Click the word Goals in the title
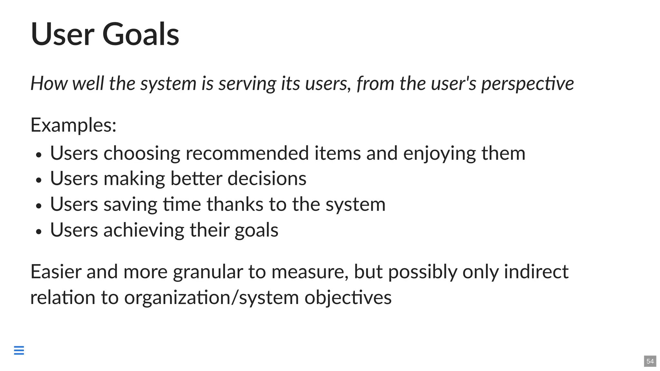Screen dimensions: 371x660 (x=141, y=34)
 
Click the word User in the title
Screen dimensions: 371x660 (x=63, y=34)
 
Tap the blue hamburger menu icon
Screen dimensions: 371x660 (x=19, y=350)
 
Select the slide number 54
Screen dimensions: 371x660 (x=650, y=361)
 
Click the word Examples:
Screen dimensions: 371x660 (x=73, y=125)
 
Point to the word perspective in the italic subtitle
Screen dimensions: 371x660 (x=528, y=84)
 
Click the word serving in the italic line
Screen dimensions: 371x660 (x=247, y=84)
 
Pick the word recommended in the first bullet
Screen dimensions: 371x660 (x=247, y=153)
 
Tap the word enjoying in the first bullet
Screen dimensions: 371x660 (x=439, y=154)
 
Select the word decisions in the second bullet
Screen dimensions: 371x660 (x=267, y=178)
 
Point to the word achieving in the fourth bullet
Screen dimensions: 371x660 (x=144, y=230)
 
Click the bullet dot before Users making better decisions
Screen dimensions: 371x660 (x=39, y=180)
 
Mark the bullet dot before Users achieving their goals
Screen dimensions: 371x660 (x=39, y=232)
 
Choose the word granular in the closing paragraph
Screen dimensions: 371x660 (x=208, y=272)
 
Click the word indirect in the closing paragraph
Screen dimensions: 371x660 (x=536, y=271)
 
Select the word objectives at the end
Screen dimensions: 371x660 (x=348, y=298)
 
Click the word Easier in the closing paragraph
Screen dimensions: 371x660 (x=56, y=271)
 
